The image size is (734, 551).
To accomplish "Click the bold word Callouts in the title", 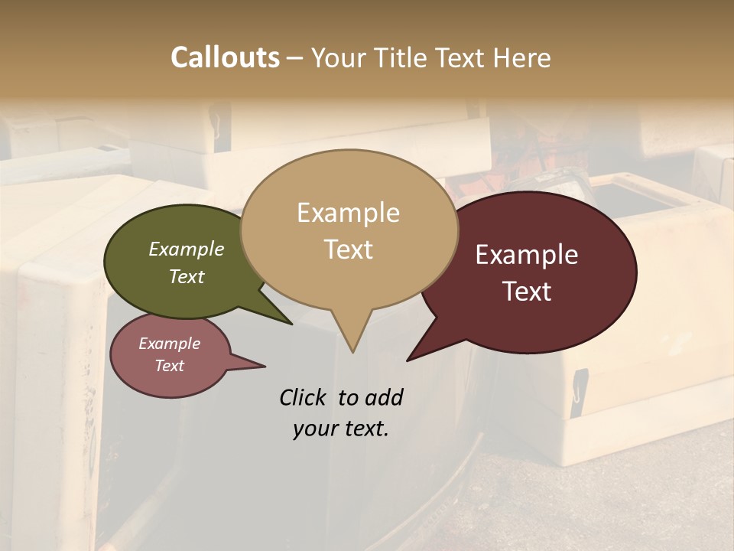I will click(x=225, y=57).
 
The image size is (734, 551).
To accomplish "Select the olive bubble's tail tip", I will click(x=291, y=323).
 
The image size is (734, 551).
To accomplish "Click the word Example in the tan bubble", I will click(x=348, y=213).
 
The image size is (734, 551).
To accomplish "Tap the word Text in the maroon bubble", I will click(x=527, y=292).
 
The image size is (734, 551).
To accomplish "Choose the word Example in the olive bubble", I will click(x=187, y=249).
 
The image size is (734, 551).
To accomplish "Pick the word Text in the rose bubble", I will click(x=170, y=366).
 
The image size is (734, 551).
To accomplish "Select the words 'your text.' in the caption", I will click(x=340, y=429).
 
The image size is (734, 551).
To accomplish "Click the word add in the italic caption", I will click(x=384, y=397).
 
